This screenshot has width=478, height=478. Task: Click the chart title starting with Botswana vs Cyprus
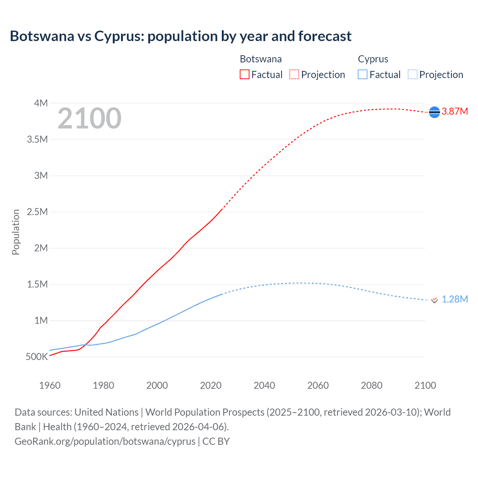pyautogui.click(x=180, y=36)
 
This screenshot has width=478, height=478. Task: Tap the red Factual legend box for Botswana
pyautogui.click(x=244, y=74)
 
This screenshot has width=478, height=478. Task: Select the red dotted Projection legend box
pyautogui.click(x=294, y=74)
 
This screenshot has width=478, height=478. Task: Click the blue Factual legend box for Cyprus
pyautogui.click(x=363, y=74)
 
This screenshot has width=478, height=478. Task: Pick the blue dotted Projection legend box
pyautogui.click(x=412, y=74)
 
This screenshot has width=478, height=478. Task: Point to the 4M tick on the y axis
pyautogui.click(x=41, y=103)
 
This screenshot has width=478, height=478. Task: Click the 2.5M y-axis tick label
pyautogui.click(x=37, y=212)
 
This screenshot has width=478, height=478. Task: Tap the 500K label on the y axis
pyautogui.click(x=37, y=357)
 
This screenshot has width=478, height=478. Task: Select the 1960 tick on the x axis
pyautogui.click(x=50, y=385)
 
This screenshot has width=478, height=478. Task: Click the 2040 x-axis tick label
pyautogui.click(x=264, y=385)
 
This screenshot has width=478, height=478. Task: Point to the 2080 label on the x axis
pyautogui.click(x=372, y=385)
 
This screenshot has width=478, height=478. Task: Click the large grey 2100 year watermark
pyautogui.click(x=89, y=118)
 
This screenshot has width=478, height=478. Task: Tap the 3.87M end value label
pyautogui.click(x=454, y=112)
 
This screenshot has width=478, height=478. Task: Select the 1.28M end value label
pyautogui.click(x=454, y=299)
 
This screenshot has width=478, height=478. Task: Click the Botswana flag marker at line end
pyautogui.click(x=434, y=112)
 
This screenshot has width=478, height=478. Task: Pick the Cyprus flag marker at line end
pyautogui.click(x=434, y=299)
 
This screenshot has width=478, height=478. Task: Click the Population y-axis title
pyautogui.click(x=16, y=232)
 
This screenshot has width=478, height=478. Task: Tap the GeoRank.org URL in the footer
pyautogui.click(x=105, y=441)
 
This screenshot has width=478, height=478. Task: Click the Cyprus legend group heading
pyautogui.click(x=373, y=59)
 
